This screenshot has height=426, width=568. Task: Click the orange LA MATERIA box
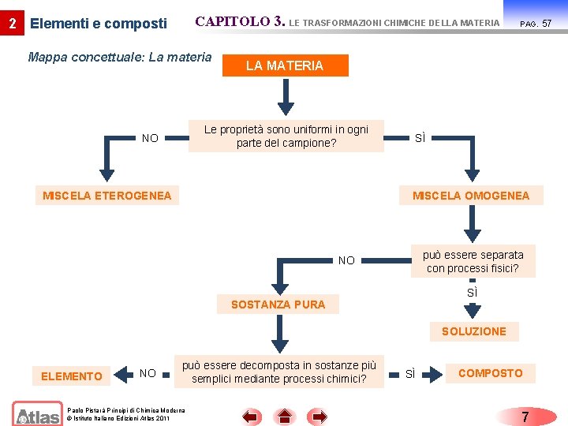[x=285, y=65]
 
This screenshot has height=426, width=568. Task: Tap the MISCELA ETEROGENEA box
[x=107, y=196]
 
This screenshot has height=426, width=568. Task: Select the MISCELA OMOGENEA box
[x=471, y=196]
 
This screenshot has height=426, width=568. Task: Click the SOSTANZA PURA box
[x=278, y=305]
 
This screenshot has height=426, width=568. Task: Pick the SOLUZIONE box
[x=474, y=331]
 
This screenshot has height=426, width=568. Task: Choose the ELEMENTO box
[x=72, y=376]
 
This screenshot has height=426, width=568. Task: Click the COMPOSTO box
[x=490, y=373]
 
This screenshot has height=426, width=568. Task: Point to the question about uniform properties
[x=286, y=136]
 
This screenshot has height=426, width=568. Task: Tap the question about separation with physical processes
[x=473, y=262]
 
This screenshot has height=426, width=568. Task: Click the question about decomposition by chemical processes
[x=279, y=372]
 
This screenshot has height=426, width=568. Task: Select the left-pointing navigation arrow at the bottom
[x=252, y=416]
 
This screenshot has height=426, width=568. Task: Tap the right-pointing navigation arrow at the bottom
[x=317, y=416]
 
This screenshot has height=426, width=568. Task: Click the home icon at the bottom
[x=285, y=416]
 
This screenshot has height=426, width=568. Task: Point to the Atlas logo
[x=36, y=413]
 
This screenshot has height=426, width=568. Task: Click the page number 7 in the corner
[x=525, y=415]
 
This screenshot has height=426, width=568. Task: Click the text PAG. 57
[x=536, y=24]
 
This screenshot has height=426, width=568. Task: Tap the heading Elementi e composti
[x=98, y=24]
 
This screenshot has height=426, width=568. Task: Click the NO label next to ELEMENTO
[x=148, y=374]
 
